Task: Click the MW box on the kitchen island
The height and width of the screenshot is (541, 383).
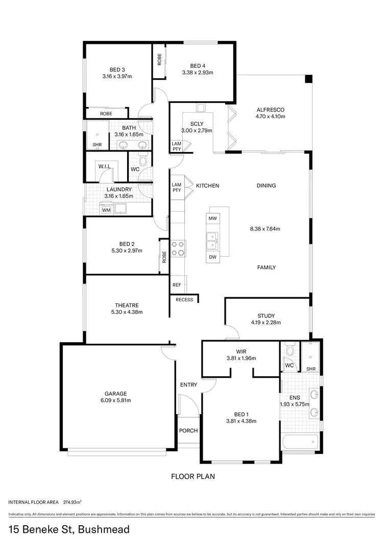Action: coord(213,218)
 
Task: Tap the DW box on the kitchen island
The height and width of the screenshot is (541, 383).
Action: coord(213,257)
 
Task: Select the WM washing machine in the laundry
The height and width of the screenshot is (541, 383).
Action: coord(106,210)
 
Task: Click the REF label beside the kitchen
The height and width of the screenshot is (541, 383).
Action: coord(177,285)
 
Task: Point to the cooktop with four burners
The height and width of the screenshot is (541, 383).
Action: coord(178,248)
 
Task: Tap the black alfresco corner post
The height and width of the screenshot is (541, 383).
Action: coord(308,79)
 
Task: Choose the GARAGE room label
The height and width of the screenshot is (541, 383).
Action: coord(116,393)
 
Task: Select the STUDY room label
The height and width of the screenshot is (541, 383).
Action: coord(266,316)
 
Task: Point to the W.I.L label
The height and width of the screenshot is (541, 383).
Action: coord(105,166)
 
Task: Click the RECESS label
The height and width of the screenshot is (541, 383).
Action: coord(184,299)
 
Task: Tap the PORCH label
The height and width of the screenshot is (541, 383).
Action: coord(188,430)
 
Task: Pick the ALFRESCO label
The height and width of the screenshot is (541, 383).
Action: coord(270,110)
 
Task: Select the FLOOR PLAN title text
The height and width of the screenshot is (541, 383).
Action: coord(192,477)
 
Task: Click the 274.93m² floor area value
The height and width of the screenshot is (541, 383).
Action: coord(73,502)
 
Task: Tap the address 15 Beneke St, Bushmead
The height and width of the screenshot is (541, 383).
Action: coord(69,529)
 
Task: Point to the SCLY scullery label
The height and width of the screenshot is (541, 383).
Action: coord(197,124)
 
